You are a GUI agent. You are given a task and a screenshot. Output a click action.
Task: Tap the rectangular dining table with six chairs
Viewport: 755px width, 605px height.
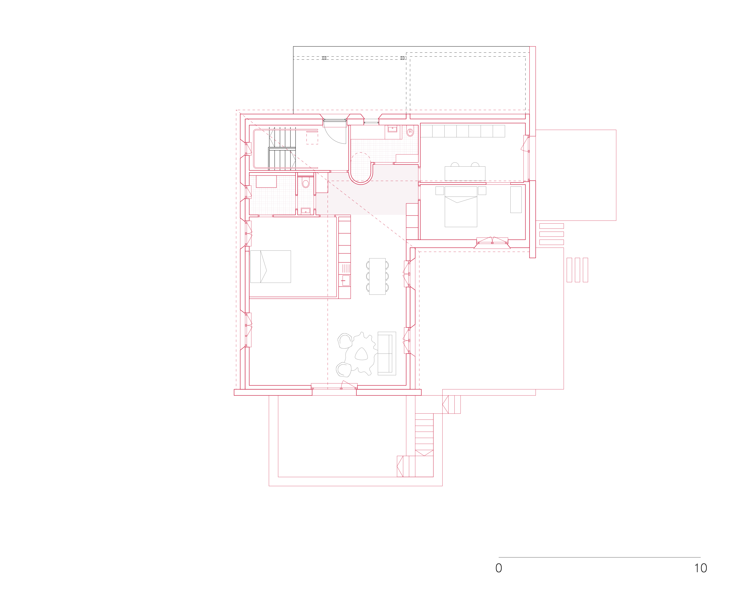tap(377, 276)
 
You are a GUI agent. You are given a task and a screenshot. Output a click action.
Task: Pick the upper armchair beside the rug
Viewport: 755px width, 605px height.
tap(345, 340)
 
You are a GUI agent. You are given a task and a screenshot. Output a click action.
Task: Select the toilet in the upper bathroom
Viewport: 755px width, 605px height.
tap(410, 132)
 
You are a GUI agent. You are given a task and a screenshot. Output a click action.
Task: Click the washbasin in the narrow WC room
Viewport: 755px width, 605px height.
tap(306, 211)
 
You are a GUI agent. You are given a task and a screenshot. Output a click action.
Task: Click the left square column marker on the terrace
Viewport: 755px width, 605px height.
tap(324, 58)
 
